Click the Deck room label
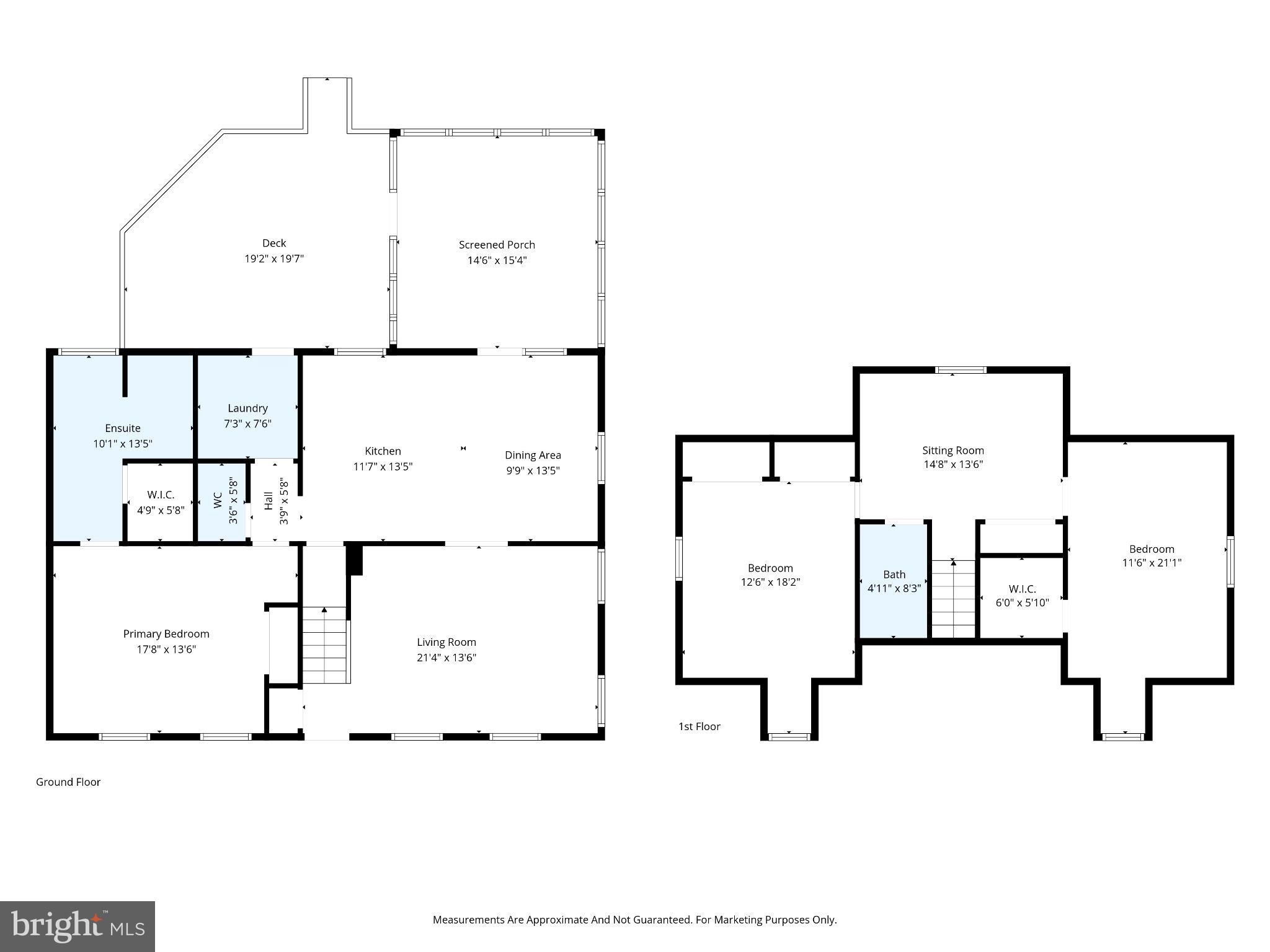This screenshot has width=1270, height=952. [273, 244]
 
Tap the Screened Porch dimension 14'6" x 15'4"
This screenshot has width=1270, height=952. [497, 260]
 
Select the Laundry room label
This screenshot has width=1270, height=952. [247, 408]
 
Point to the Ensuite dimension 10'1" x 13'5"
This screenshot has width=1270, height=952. [122, 444]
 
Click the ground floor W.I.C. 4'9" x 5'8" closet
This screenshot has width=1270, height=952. [161, 503]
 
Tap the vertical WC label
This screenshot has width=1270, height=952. [218, 500]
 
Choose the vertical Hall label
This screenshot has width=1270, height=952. [269, 500]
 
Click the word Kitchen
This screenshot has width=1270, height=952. [383, 451]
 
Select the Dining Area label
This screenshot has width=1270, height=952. [533, 455]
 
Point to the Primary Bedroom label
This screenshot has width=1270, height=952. [166, 633]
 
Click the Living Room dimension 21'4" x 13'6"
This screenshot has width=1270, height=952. [446, 658]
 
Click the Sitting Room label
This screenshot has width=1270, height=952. [952, 451]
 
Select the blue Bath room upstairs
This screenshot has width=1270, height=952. [894, 581]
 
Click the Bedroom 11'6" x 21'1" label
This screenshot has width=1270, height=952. [1152, 556]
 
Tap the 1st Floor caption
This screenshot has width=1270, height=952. [699, 726]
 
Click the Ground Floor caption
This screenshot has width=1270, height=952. [68, 782]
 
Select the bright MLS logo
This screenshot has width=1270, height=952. [78, 926]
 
